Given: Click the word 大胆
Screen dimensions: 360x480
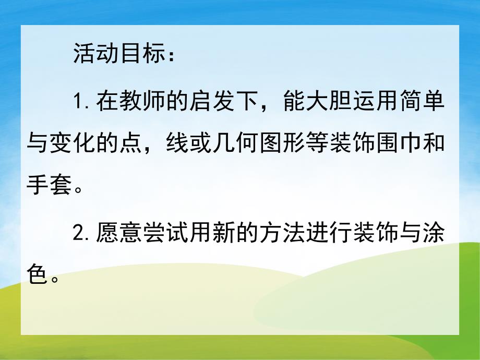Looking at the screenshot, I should (x=339, y=100).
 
